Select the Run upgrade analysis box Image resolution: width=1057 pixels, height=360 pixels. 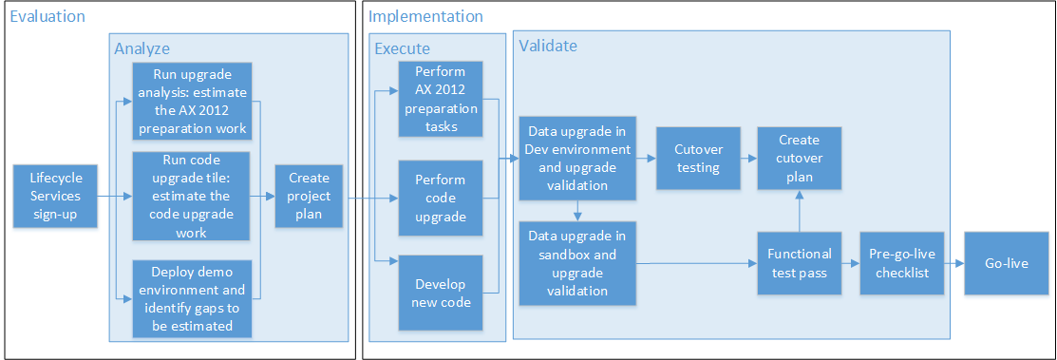[x=192, y=101]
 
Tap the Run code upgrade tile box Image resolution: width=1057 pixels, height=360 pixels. [x=192, y=197]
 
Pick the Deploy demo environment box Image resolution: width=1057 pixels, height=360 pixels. [x=192, y=297]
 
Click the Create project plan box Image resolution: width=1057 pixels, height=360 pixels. [x=310, y=197]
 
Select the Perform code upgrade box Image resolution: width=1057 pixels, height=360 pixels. [x=440, y=198]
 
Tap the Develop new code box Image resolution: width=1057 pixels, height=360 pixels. [x=440, y=291]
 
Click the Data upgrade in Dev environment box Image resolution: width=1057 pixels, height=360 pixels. [x=577, y=159]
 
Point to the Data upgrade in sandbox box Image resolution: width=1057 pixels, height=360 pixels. [x=577, y=263]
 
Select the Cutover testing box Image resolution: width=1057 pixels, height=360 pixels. [x=697, y=159]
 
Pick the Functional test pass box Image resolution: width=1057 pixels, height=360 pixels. [x=799, y=263]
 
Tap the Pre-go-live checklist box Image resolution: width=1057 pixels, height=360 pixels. [x=898, y=263]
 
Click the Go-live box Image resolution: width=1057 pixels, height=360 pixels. [x=1005, y=263]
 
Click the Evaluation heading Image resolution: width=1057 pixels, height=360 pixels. [x=47, y=16]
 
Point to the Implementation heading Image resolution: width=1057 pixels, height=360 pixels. [x=425, y=16]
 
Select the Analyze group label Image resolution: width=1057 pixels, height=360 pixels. [x=142, y=47]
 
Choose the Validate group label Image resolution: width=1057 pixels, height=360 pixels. [x=547, y=45]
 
